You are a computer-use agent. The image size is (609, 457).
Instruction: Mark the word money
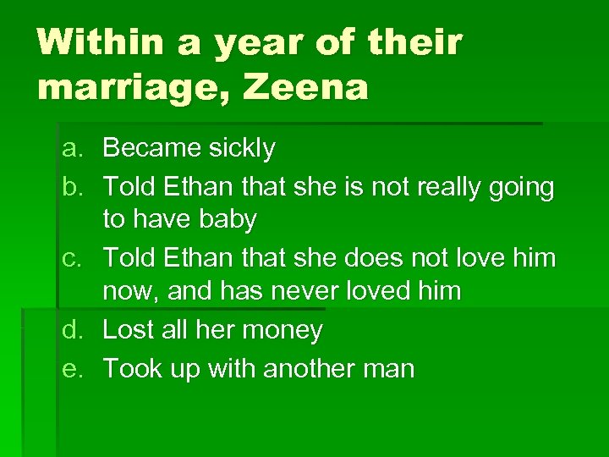[280, 331]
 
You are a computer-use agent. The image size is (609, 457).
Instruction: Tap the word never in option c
[325, 292]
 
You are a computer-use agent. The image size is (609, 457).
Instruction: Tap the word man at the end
[392, 369]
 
